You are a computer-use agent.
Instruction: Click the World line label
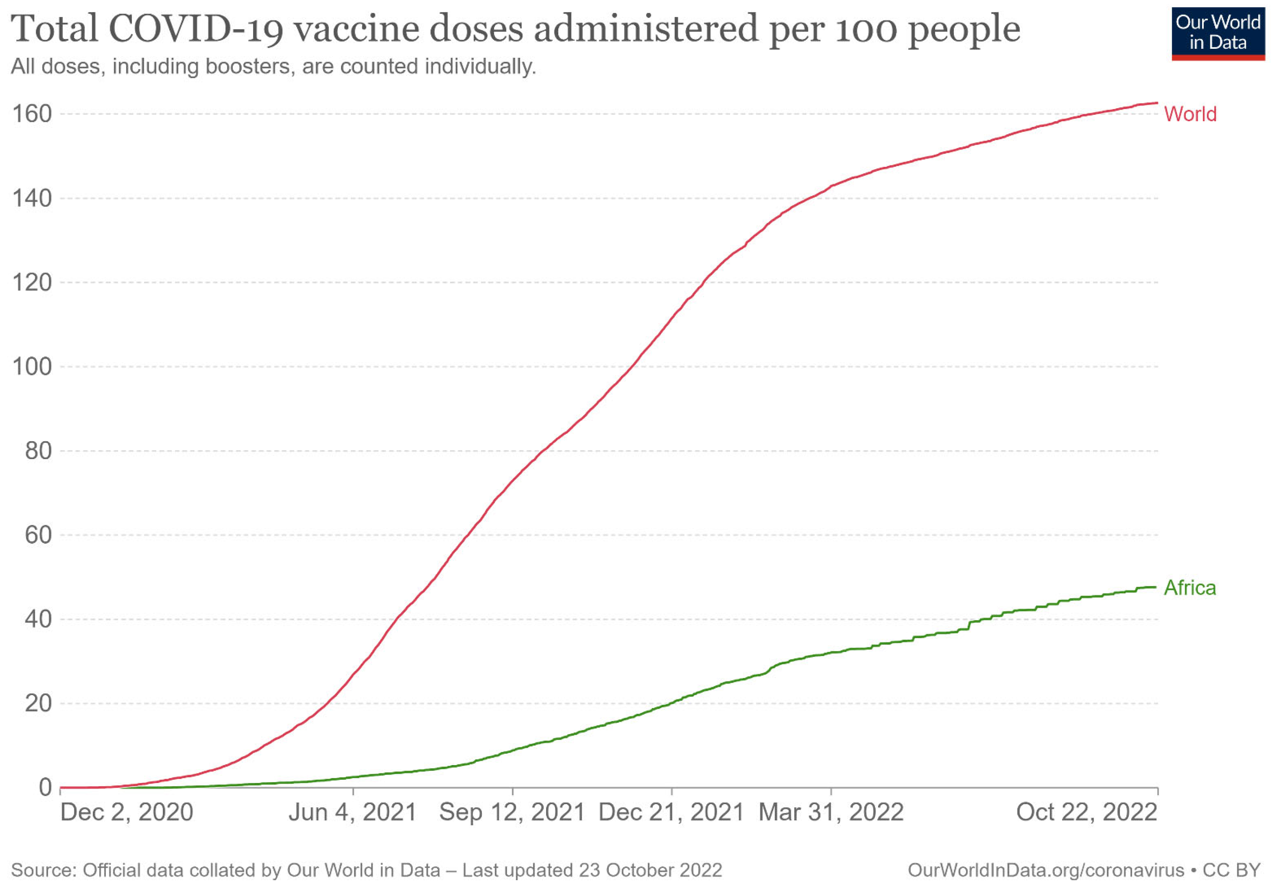(x=1190, y=114)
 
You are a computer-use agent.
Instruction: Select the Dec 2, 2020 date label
(x=127, y=812)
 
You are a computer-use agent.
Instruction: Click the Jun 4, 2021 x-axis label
(x=353, y=812)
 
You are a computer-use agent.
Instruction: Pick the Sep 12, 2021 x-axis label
(x=512, y=812)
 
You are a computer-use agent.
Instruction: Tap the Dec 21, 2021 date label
(x=671, y=812)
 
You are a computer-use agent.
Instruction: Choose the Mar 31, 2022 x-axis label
(x=831, y=812)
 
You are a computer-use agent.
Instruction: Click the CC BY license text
(x=1231, y=870)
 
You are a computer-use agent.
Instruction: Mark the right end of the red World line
(x=1157, y=103)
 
